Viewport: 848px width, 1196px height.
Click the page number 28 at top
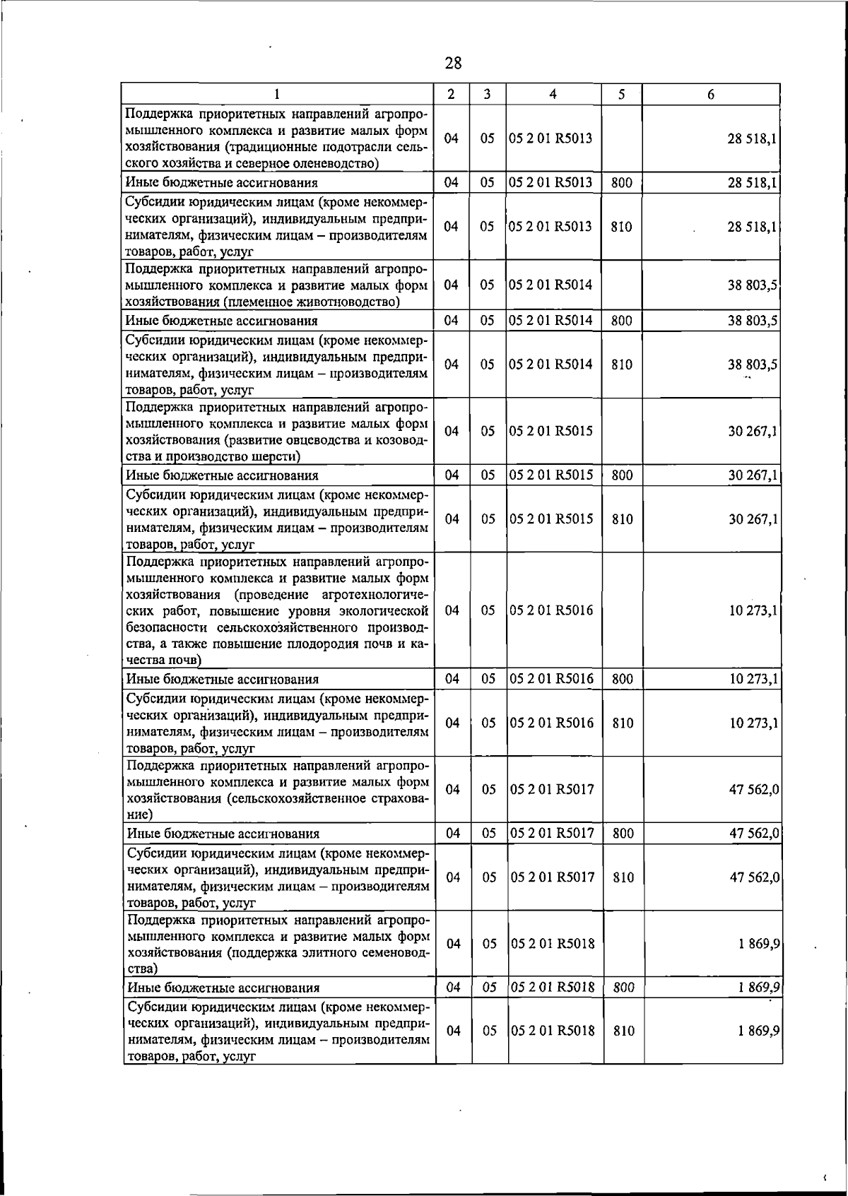point(453,64)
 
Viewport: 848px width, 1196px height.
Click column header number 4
point(553,94)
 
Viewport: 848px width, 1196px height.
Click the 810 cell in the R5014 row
point(621,365)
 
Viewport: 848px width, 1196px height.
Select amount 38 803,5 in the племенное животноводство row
point(753,285)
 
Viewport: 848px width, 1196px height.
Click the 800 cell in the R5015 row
point(622,475)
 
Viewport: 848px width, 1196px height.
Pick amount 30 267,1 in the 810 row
point(753,519)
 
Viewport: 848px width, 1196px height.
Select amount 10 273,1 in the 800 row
point(753,679)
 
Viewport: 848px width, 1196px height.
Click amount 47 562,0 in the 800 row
point(754,834)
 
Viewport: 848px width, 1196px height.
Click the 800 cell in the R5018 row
point(623,988)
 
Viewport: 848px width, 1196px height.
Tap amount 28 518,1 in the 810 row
point(753,227)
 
